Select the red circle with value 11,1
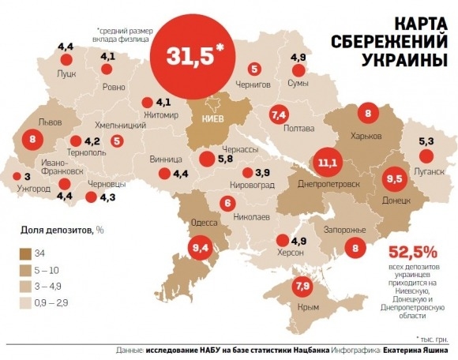tap(328, 163)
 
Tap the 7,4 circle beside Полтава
tap(278, 115)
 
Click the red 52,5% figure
tap(412, 253)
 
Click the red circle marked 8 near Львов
tap(32, 141)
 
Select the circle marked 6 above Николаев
tap(227, 203)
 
